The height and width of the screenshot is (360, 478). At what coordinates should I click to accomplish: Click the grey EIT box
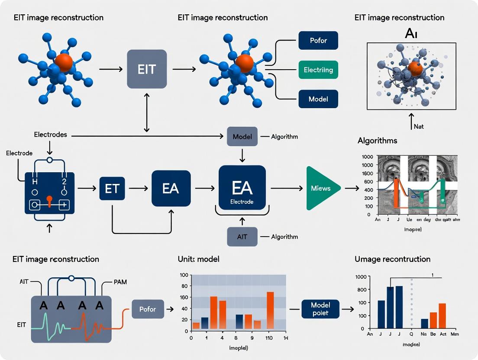point(146,69)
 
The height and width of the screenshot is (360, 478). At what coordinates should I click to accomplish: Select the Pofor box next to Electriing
point(318,40)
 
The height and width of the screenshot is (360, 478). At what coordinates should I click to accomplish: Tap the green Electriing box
point(318,69)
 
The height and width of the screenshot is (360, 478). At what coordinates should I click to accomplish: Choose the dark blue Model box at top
point(318,99)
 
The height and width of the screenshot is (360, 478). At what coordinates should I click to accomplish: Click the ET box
point(112,188)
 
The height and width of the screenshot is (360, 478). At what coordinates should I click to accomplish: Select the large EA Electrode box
point(242,188)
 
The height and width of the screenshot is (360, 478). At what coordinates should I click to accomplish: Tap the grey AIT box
point(242,237)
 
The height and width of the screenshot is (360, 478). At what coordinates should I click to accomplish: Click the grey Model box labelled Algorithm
point(242,136)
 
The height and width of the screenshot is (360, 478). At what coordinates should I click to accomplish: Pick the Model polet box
point(320,309)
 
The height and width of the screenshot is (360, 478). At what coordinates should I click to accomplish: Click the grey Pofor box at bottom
point(147,309)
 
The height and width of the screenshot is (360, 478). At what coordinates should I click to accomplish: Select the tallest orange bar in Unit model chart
point(270,311)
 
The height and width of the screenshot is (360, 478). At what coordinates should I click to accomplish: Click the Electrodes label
point(50,135)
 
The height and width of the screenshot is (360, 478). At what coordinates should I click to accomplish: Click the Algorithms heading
point(377,141)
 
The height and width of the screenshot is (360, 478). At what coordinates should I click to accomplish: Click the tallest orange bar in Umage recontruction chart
point(442,316)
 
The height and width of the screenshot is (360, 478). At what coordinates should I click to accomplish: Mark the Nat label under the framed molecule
point(419,127)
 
